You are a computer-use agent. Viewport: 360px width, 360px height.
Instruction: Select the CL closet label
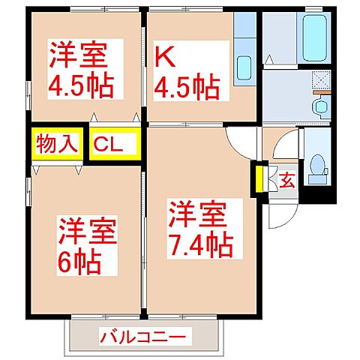[x=115, y=143]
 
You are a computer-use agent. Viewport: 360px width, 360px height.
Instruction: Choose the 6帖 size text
[x=79, y=262]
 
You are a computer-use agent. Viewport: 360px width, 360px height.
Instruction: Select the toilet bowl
[x=318, y=164]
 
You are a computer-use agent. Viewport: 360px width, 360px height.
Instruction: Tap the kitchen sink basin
[x=244, y=68]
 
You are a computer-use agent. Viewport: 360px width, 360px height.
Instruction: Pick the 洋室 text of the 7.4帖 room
[x=196, y=214]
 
